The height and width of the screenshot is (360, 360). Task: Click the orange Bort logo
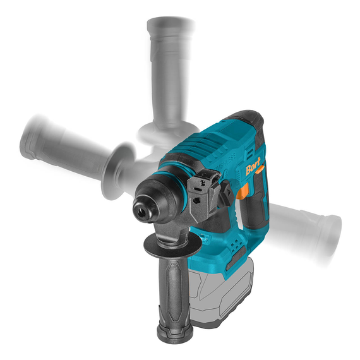coord(253,165)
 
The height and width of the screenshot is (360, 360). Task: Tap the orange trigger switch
coord(243,191)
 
